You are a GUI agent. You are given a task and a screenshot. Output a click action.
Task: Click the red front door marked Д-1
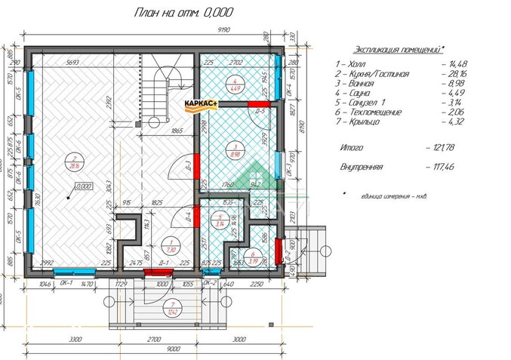coord(162,269)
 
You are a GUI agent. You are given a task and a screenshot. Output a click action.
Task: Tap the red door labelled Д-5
coord(260,103)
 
